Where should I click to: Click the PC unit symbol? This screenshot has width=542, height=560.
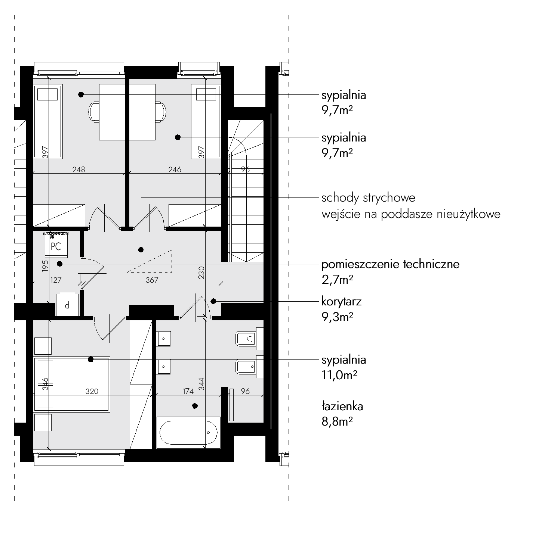coord(56,245)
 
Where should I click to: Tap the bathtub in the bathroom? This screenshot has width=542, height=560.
coord(188,433)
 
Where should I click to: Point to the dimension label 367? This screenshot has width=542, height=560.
coord(152,280)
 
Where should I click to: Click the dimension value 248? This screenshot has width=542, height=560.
coord(79,169)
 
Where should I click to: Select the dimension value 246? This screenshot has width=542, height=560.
coord(175,169)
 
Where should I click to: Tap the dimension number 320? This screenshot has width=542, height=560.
coord(92,391)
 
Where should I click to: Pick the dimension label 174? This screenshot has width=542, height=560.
coord(188,391)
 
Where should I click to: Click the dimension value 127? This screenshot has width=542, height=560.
coord(55,279)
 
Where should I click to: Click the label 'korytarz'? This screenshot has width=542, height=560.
coord(341,301)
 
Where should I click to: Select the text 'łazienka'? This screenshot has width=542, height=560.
coord(342,406)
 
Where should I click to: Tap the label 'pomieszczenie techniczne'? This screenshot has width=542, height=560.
coord(390,264)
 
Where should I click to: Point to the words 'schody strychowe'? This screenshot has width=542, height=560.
coord(368,197)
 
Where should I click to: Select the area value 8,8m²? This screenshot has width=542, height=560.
coord(337,422)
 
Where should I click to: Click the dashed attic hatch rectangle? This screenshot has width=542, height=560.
coord(149,261)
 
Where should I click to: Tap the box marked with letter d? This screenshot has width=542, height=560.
coord(67,305)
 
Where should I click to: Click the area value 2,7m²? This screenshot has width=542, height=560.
coord(337,280)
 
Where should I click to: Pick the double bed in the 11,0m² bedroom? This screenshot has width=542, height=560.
coord(72,384)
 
